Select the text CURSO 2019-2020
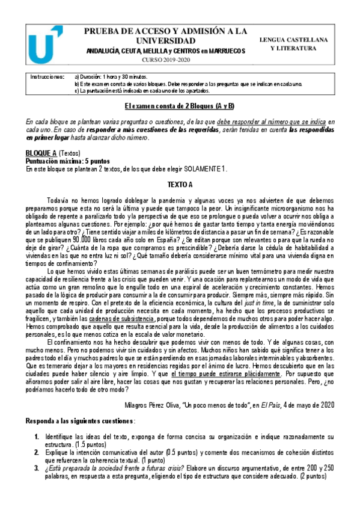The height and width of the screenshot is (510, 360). pyautogui.click(x=165, y=61)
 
